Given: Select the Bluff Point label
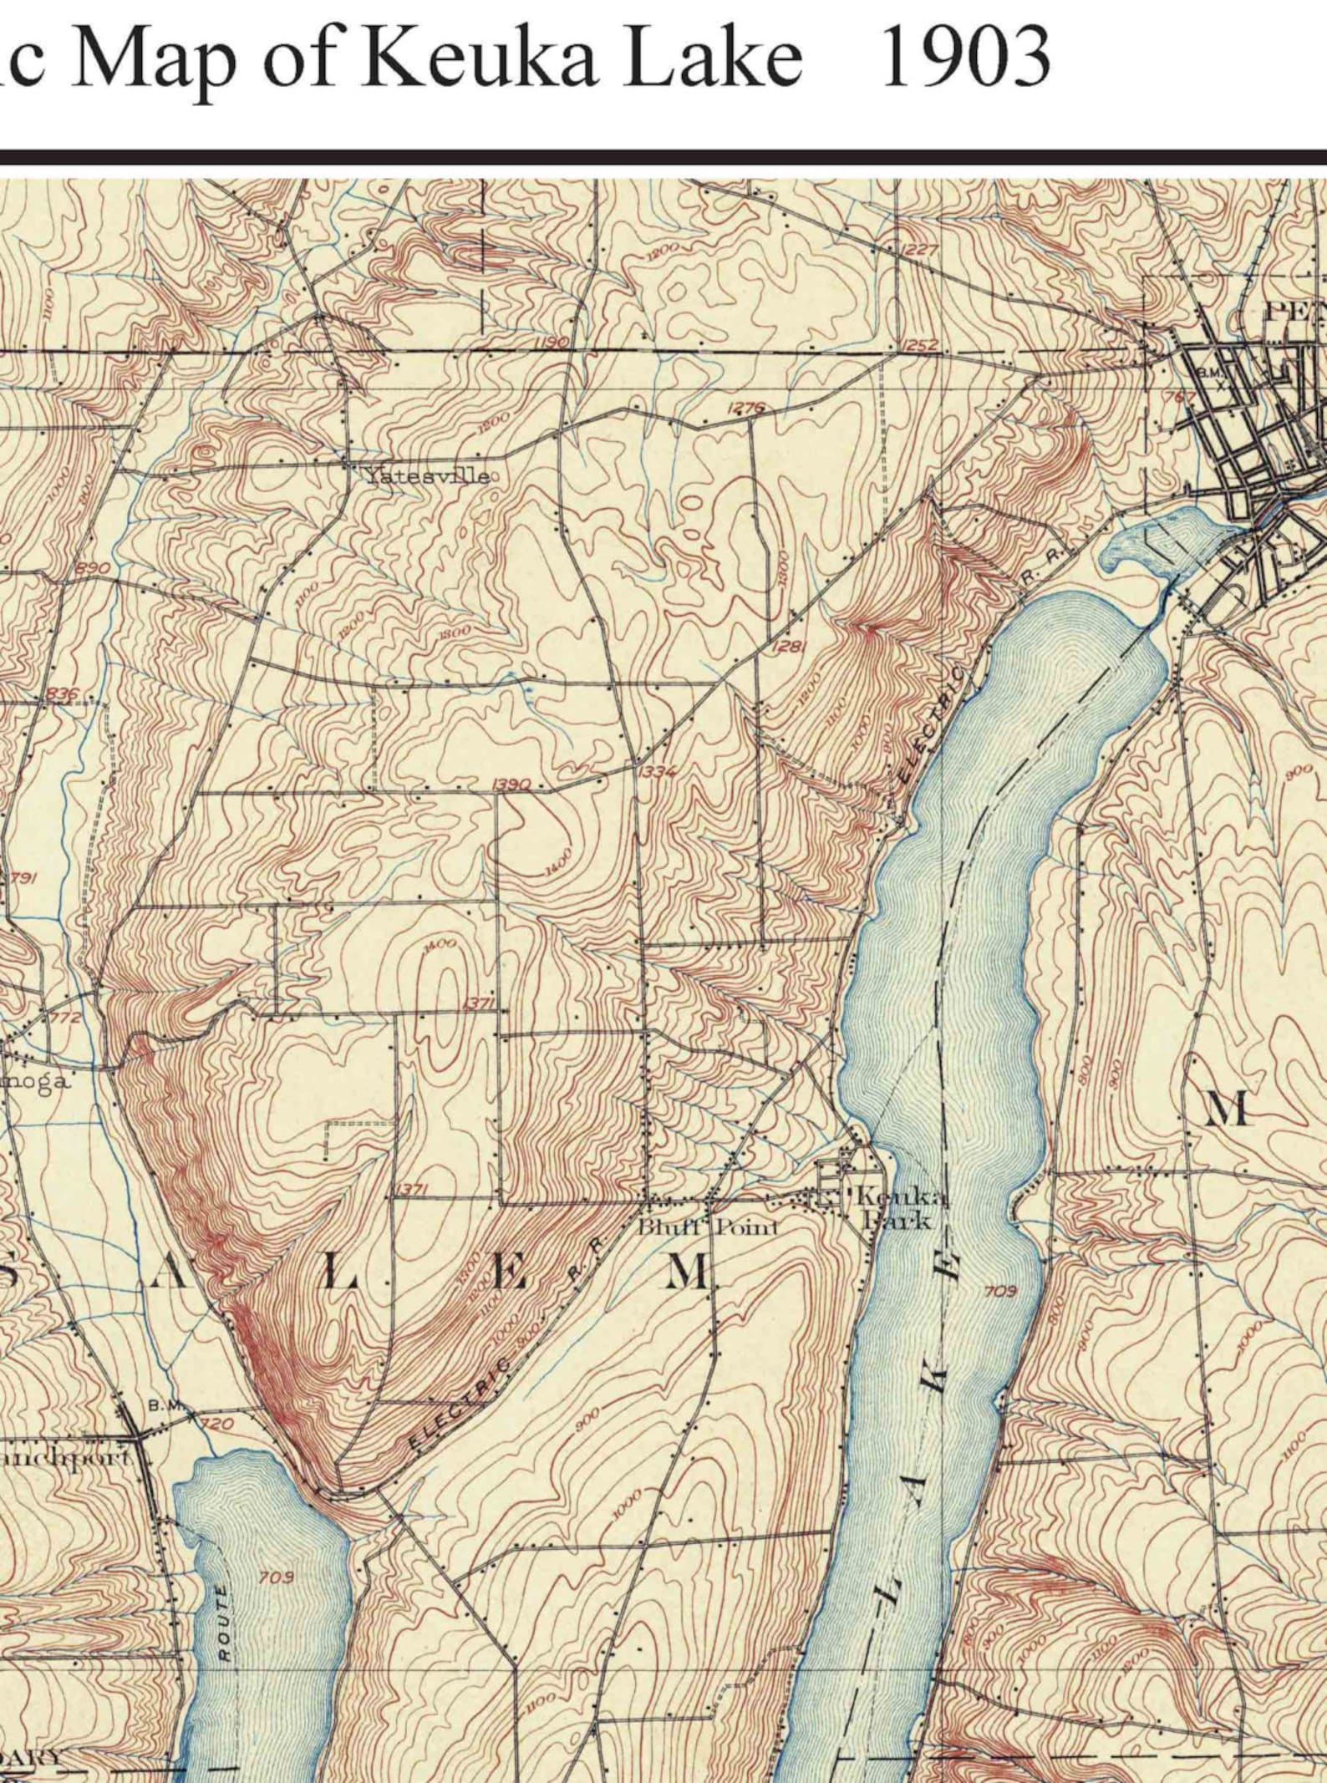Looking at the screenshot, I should click(708, 1227).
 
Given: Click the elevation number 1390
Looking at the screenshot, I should click(511, 785).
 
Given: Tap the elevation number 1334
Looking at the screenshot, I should click(657, 771).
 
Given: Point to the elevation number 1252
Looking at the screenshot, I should click(919, 344).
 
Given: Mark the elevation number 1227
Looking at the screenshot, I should click(920, 250).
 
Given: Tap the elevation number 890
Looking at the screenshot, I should click(92, 568).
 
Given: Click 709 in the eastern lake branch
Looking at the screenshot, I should click(1000, 1292).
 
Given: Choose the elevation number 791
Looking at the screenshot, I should click(23, 878).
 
